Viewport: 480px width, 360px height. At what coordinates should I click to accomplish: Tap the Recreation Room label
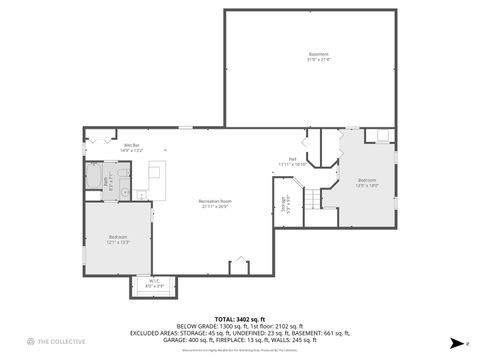[x=215, y=201]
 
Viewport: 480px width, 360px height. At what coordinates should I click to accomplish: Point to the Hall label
[x=293, y=159]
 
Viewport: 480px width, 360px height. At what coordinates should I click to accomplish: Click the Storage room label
[x=286, y=204]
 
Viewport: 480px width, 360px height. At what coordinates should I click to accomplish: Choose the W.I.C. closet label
[x=155, y=281]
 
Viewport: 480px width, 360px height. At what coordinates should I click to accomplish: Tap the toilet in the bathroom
[x=123, y=172]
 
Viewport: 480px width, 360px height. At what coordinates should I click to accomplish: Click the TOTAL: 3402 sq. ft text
[x=241, y=317]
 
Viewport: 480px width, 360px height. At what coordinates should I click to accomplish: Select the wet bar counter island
[x=156, y=178]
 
